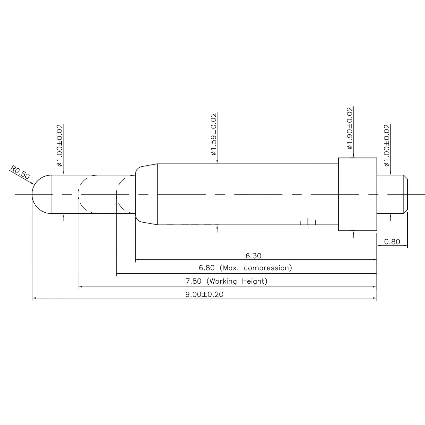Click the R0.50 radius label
tap(20, 172)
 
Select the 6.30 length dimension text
tap(253, 256)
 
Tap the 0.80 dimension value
tap(392, 242)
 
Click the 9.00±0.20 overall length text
tap(204, 294)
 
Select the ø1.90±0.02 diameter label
tap(350, 128)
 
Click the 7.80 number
tap(193, 281)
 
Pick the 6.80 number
tap(207, 268)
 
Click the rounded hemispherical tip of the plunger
tap(40, 194)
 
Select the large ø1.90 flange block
tap(358, 194)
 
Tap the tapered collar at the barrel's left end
tap(146, 194)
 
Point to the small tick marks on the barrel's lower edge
tap(308, 223)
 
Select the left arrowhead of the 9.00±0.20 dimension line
tap(34, 298)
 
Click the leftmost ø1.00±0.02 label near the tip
tap(60, 145)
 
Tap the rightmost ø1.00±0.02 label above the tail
tap(387, 145)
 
